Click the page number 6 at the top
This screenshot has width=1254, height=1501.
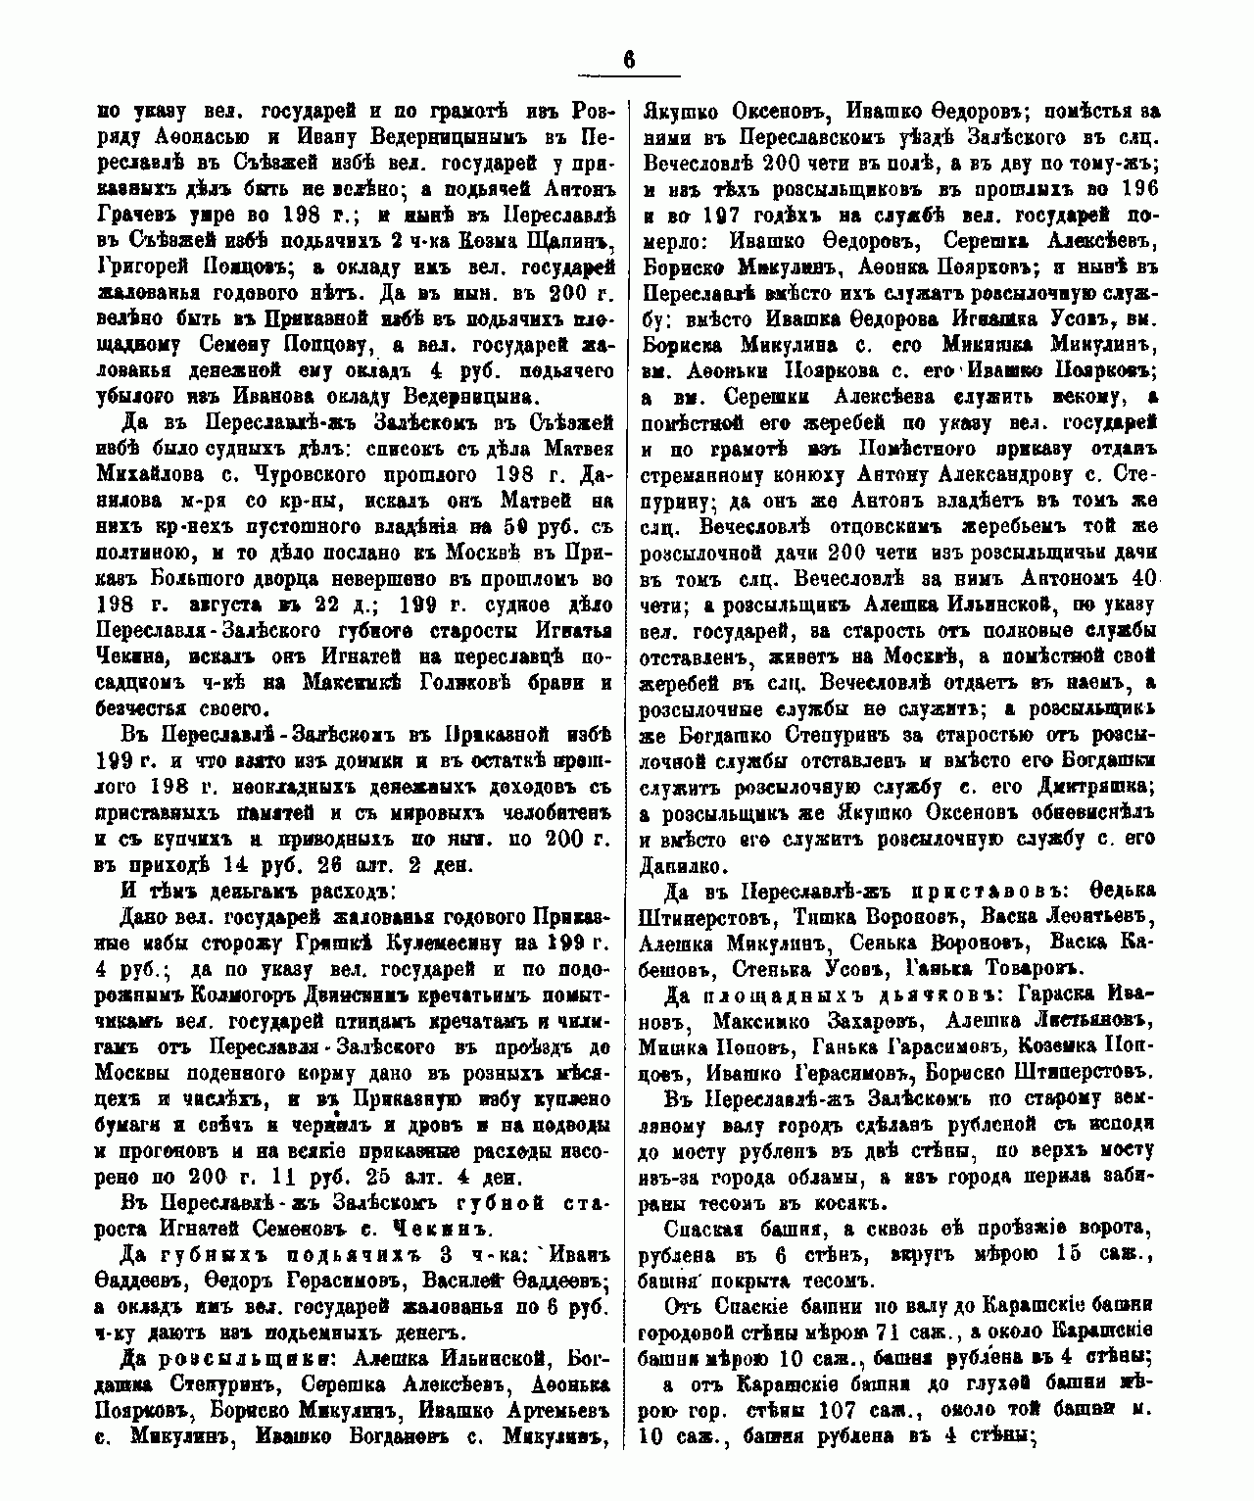tap(628, 59)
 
